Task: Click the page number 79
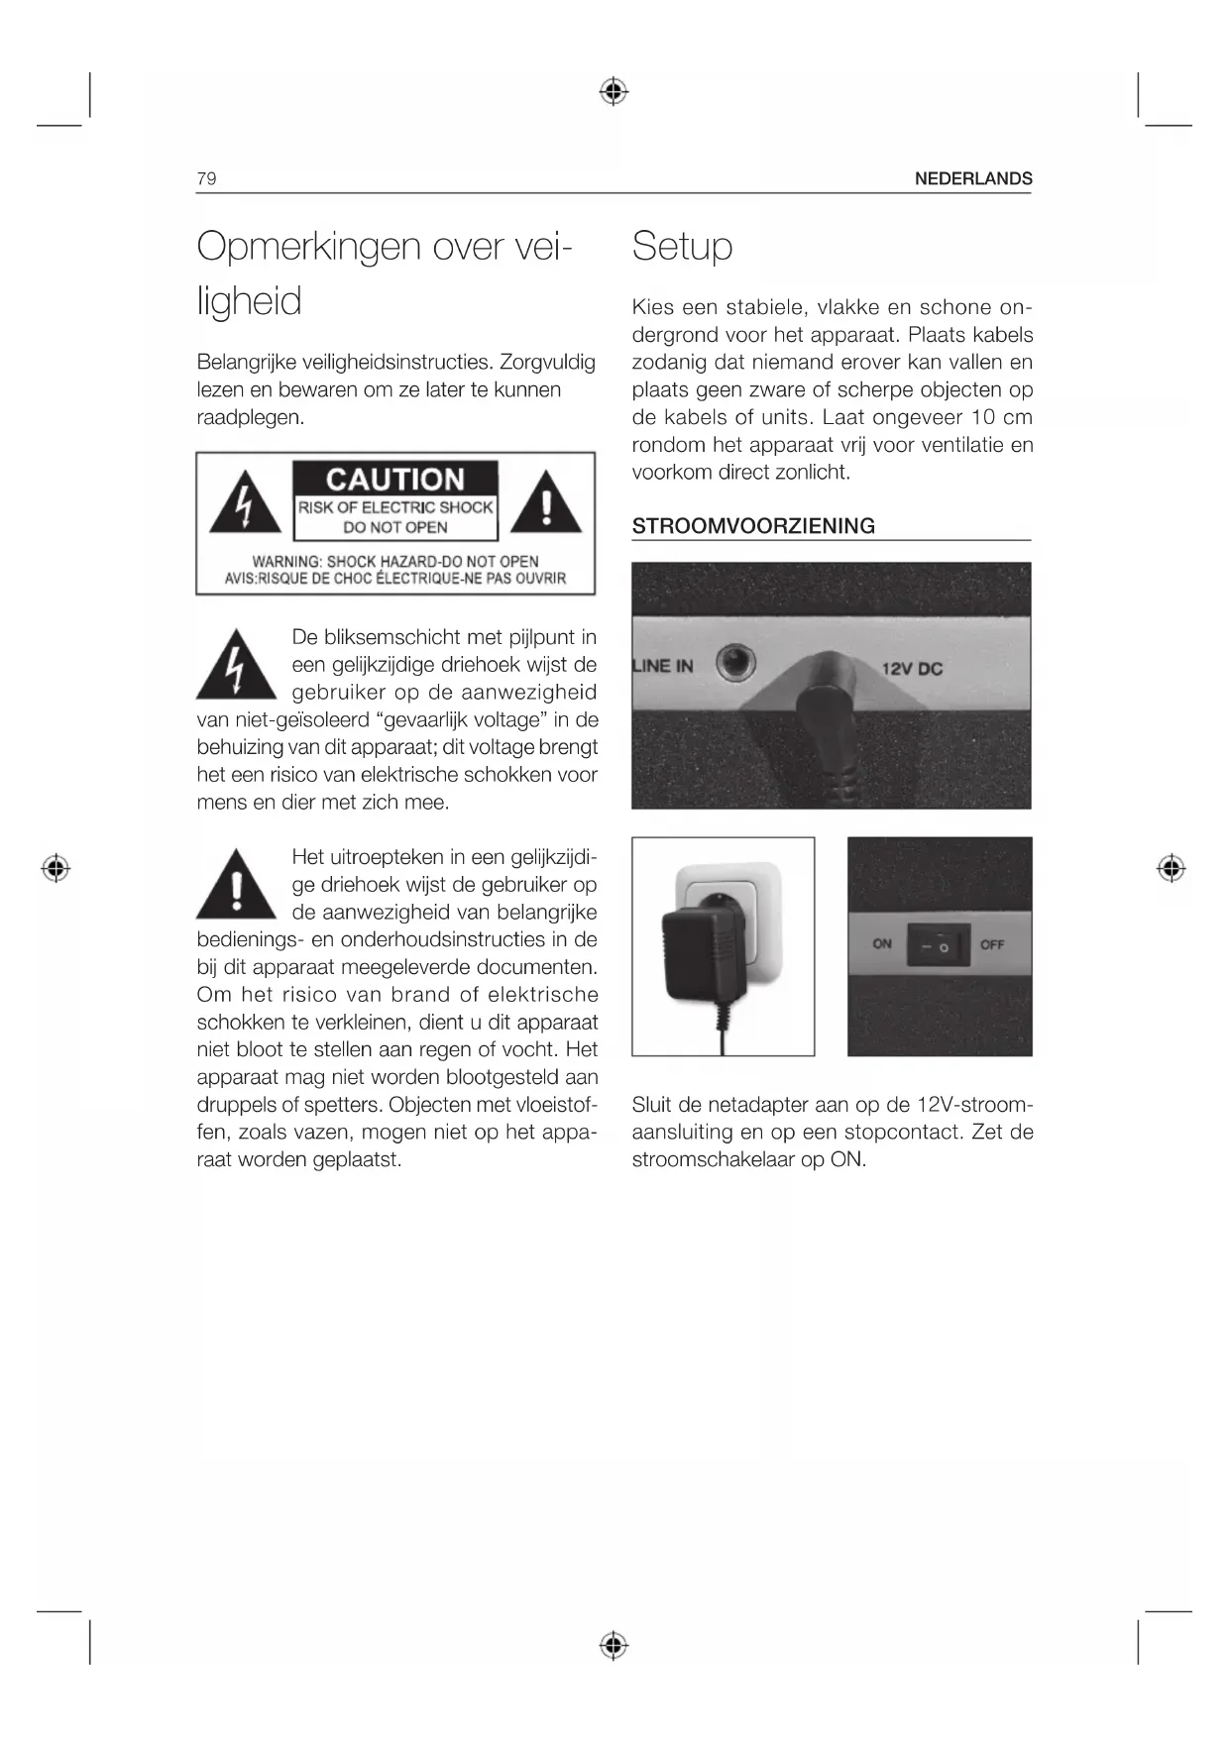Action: point(206,178)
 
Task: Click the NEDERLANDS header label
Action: point(972,178)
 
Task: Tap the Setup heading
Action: point(682,246)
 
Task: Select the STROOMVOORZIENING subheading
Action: point(753,526)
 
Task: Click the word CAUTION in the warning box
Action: point(394,480)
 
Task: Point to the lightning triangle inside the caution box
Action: point(245,504)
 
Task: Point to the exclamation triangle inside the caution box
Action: point(546,504)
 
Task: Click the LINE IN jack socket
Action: point(734,662)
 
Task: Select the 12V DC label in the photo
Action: point(912,669)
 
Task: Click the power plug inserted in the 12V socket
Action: point(825,708)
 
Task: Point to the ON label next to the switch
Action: point(882,944)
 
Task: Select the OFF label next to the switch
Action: point(992,945)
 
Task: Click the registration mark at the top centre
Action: point(615,92)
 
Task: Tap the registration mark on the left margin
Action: point(56,868)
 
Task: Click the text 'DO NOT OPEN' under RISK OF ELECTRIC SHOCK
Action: point(394,527)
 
